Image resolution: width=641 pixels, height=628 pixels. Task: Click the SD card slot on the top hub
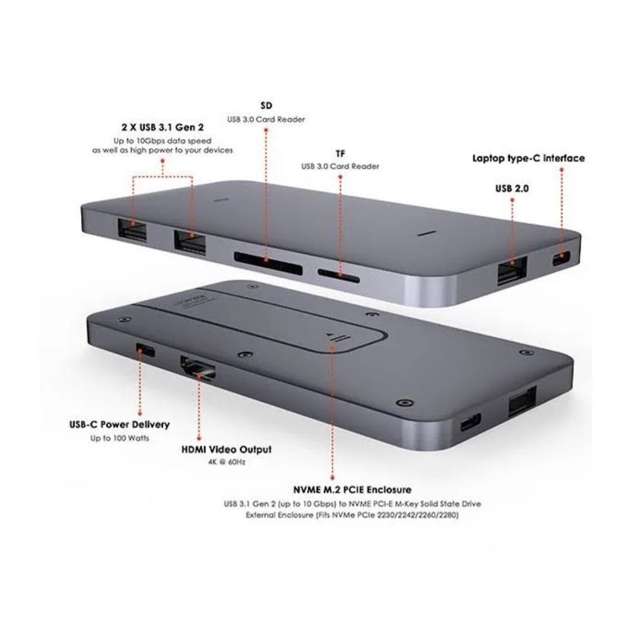[x=259, y=259]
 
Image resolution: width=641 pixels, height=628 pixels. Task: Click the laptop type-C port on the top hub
[x=561, y=258]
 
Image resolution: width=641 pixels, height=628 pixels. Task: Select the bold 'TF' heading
[x=340, y=154]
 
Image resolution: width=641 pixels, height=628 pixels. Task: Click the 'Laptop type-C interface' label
[x=528, y=158]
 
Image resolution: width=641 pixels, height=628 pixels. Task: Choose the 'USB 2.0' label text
[x=512, y=188]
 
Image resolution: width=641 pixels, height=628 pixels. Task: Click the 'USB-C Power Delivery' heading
[x=119, y=425]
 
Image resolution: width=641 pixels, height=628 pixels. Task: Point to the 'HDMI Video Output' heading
[x=226, y=450]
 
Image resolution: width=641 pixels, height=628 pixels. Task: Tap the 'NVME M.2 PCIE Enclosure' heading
[x=352, y=490]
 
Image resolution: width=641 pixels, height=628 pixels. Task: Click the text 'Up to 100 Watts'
[x=119, y=438]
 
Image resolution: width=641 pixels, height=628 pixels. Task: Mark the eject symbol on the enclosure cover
[x=335, y=336]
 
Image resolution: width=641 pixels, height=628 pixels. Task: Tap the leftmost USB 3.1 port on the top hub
[x=132, y=232]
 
